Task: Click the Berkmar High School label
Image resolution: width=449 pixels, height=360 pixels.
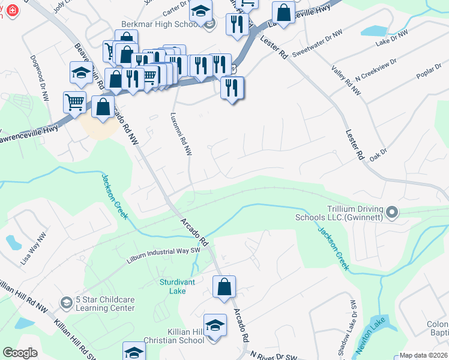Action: tap(160, 24)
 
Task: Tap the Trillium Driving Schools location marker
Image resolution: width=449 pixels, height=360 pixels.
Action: tap(393, 212)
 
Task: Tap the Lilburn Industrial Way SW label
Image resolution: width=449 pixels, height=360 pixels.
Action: tap(162, 256)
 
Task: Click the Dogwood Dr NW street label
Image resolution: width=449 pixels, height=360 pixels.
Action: tap(40, 78)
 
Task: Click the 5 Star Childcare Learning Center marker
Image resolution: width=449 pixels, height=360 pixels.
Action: tap(65, 300)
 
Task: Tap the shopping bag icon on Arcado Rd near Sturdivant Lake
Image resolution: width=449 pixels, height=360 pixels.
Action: tap(224, 286)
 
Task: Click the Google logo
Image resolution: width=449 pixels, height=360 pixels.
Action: tap(20, 353)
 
